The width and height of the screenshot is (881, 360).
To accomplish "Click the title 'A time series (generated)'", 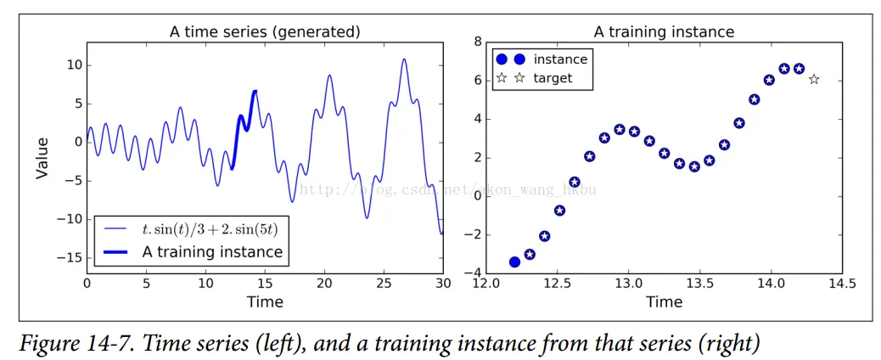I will point(265,32).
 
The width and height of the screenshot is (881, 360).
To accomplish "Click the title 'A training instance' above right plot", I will point(664,32).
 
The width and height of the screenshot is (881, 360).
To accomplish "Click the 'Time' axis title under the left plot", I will point(265,301).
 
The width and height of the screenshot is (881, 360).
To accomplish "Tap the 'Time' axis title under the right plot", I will point(664,301).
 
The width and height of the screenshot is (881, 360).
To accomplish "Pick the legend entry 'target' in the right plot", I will point(553,78).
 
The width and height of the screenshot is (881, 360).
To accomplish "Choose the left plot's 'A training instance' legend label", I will point(212,252).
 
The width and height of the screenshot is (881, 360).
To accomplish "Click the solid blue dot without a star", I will point(514,262).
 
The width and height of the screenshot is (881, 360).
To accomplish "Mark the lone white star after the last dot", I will point(814,80).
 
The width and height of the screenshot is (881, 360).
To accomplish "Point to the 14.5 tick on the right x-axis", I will point(842,282).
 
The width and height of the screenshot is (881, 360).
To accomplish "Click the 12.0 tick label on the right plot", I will point(485,282).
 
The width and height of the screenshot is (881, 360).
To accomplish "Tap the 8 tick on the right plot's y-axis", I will point(478,42).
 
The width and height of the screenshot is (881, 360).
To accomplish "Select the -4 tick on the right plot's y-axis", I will point(474,273).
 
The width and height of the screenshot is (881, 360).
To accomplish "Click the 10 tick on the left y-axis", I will point(74,65).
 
